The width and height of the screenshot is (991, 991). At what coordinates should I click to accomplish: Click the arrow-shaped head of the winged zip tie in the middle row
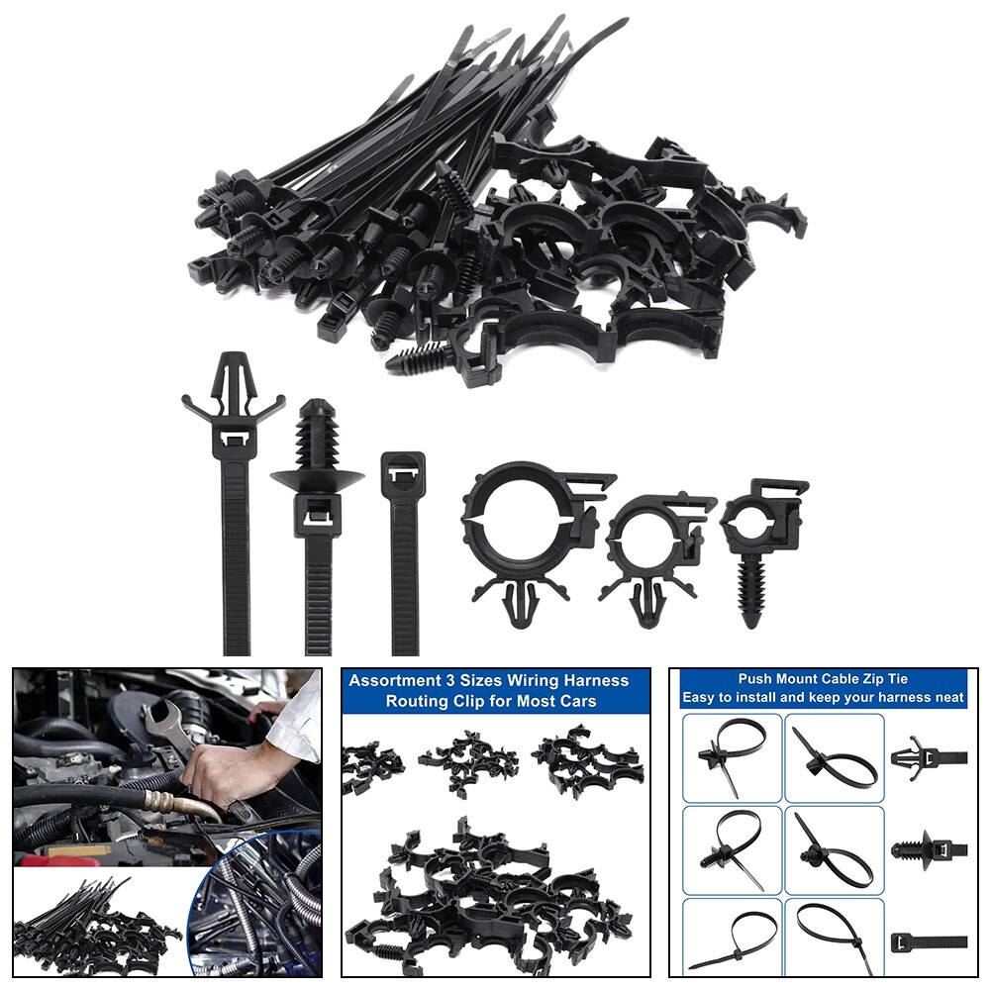[x=234, y=381]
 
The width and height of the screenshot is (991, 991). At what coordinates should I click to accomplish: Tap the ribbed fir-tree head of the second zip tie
[x=317, y=436]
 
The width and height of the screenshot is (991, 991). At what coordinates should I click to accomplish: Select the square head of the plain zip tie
[x=402, y=470]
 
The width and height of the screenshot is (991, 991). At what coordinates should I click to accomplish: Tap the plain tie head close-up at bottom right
[x=927, y=941]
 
